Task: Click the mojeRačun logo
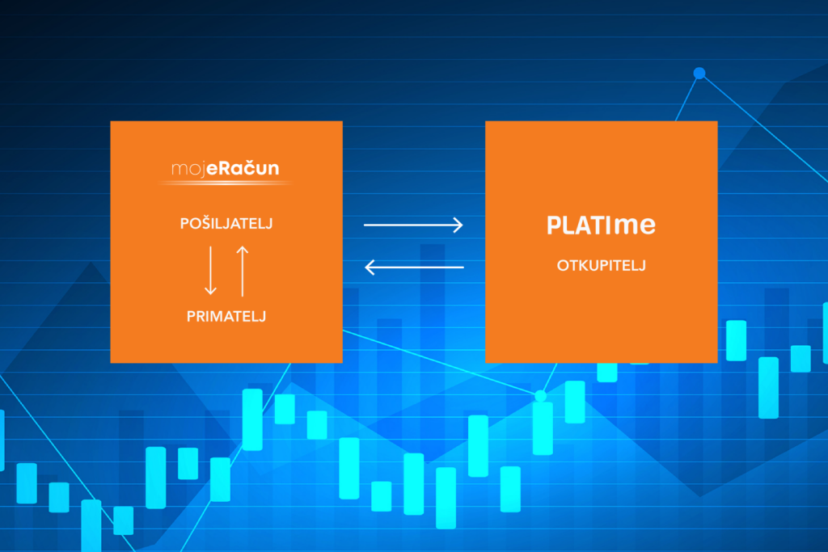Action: click(x=226, y=169)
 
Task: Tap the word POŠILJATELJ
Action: click(x=226, y=224)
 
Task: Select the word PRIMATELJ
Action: click(x=226, y=316)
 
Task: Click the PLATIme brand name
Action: click(x=601, y=226)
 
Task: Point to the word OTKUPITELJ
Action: click(x=601, y=266)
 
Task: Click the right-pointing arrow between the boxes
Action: click(x=413, y=225)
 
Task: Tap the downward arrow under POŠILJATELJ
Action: click(x=211, y=270)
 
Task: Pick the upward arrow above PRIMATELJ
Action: click(x=242, y=270)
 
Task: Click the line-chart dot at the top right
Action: click(x=699, y=74)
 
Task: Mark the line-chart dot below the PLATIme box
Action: click(x=540, y=395)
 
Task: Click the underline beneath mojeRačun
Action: click(x=226, y=183)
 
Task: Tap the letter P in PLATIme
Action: click(x=554, y=226)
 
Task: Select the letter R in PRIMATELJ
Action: click(x=198, y=316)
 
